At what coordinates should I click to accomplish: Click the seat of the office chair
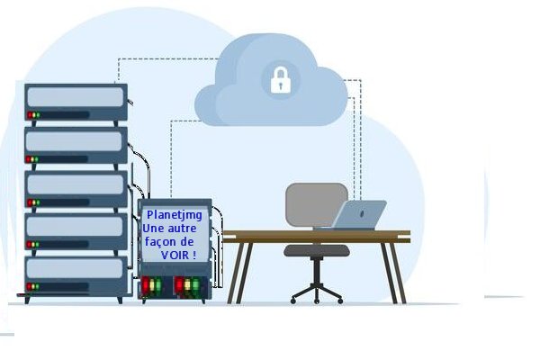click(317, 250)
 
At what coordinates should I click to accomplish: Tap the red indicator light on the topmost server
click(30, 116)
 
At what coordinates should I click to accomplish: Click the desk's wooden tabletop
click(316, 237)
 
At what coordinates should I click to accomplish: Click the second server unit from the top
click(76, 144)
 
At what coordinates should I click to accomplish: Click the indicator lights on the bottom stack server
click(33, 288)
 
